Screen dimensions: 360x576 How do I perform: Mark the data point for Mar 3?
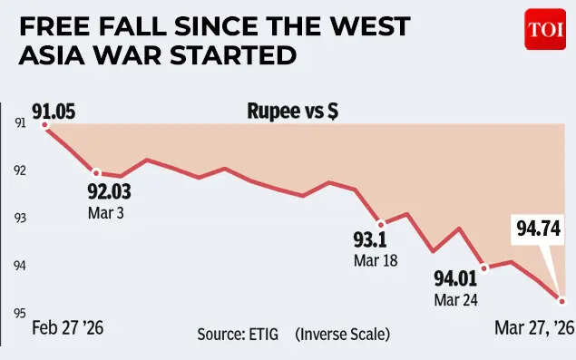95,172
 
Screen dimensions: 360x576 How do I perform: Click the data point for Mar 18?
381,223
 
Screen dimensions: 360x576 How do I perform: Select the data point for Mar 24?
484,268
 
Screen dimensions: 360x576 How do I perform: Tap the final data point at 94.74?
562,301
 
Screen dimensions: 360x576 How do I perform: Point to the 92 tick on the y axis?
19,170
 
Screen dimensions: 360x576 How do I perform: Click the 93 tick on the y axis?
19,218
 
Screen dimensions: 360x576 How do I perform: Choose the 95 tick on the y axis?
19,313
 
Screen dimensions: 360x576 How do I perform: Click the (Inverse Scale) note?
342,335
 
